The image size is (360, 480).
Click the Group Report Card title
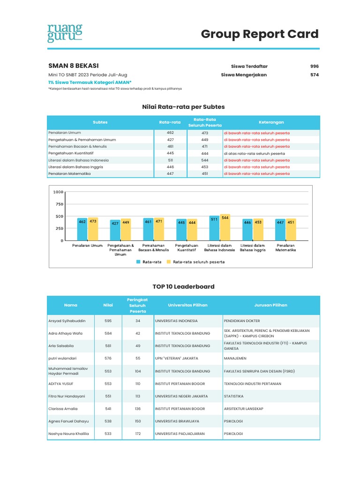click(260, 34)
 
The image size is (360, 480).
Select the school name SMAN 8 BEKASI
click(74, 66)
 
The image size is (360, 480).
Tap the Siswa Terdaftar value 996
click(314, 67)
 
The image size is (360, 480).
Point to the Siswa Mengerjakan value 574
click(314, 75)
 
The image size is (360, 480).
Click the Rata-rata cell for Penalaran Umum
click(170, 133)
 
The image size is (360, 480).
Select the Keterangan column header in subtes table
click(271, 122)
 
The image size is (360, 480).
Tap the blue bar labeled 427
click(115, 230)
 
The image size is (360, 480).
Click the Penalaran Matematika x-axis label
click(285, 248)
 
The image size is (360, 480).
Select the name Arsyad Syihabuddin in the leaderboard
click(67, 321)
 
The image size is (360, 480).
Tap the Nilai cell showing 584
click(108, 333)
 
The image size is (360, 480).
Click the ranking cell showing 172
click(138, 434)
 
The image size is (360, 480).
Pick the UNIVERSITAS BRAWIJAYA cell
click(177, 421)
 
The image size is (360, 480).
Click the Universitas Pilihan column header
click(187, 305)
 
